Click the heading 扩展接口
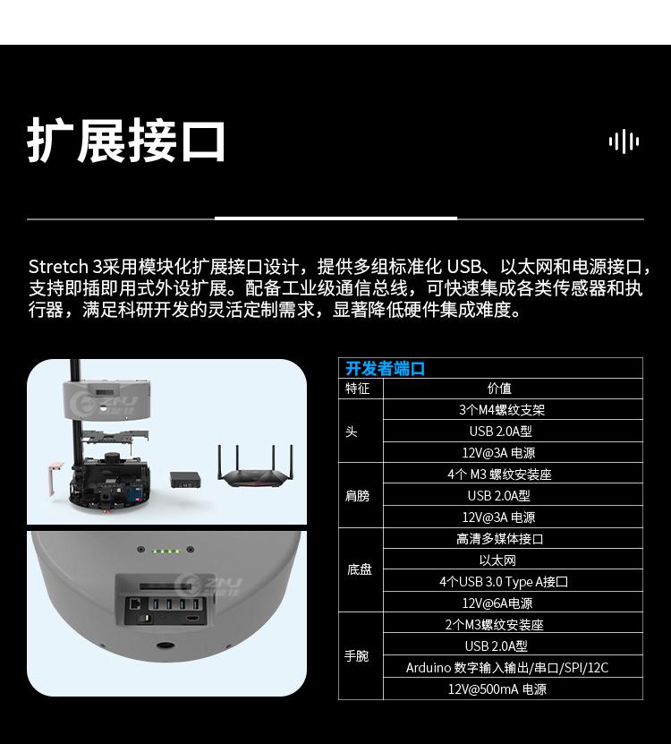pos(126,141)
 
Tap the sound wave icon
pos(624,141)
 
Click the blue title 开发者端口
pos(385,369)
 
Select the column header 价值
pos(499,389)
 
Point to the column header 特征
pos(357,389)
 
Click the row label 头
pos(352,432)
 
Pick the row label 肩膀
pos(357,496)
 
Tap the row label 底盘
pos(359,569)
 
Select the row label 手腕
pos(357,656)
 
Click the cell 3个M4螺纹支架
pos(502,410)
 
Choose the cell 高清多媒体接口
pos(499,539)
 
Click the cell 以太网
pos(497,560)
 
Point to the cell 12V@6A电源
pos(497,603)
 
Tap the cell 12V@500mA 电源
pos(497,689)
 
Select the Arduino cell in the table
pos(507,668)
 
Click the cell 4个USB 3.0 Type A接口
pos(504,582)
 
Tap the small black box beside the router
pos(185,479)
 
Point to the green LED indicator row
pos(166,552)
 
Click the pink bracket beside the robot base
pos(55,478)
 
